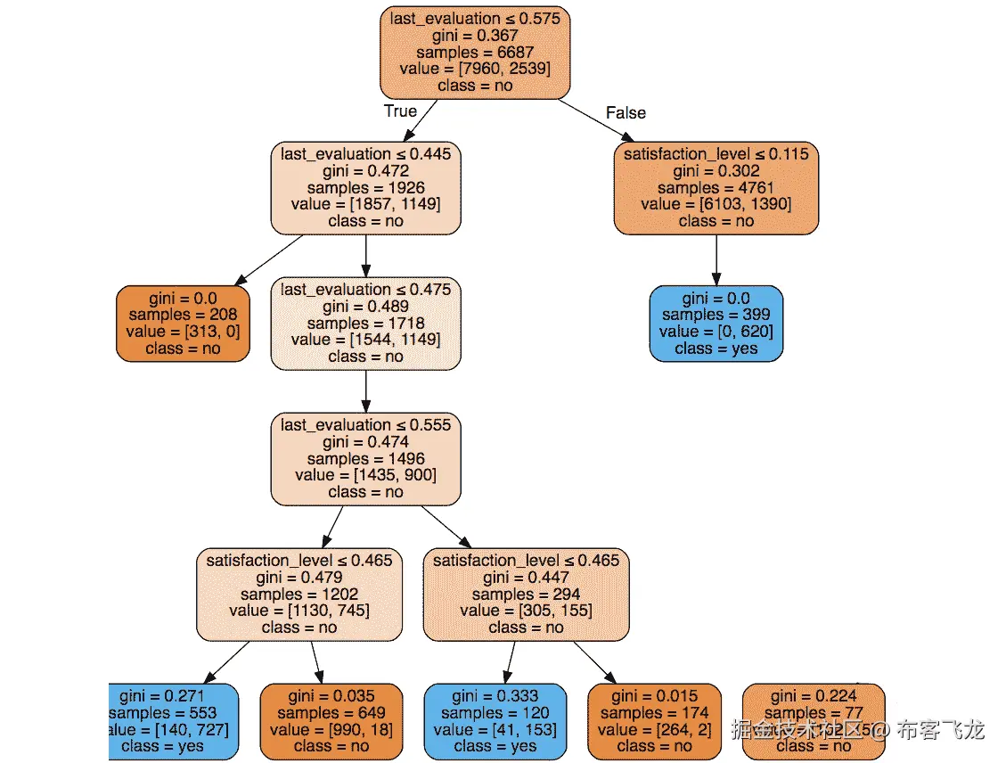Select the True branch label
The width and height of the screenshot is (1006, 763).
click(399, 111)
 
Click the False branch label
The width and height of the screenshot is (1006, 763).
click(626, 112)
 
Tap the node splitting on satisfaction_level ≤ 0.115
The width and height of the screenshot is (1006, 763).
click(716, 187)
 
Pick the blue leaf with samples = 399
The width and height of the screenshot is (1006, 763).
click(716, 323)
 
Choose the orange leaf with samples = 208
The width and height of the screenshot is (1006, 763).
click(182, 323)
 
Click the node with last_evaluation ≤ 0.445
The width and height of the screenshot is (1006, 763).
click(365, 187)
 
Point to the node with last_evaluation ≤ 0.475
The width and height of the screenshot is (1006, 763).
click(365, 323)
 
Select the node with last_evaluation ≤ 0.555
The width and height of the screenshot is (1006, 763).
click(365, 458)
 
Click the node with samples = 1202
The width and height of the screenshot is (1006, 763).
click(299, 594)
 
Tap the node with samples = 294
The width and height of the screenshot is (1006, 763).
click(526, 594)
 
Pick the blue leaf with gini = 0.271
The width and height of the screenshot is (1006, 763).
click(174, 720)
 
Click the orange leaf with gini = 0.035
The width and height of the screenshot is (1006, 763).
click(331, 720)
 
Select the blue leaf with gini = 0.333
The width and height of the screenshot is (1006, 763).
click(495, 720)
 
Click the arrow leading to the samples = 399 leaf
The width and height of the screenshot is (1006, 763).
click(716, 259)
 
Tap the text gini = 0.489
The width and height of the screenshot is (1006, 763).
click(365, 307)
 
